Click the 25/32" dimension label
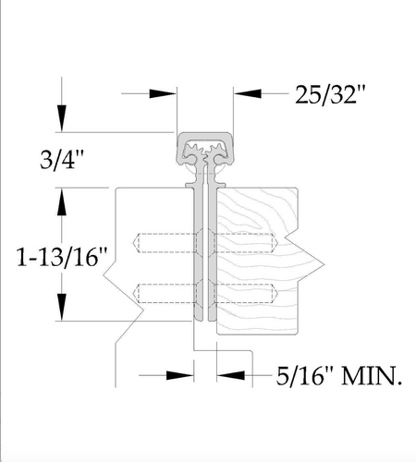(x=330, y=95)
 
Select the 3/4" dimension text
(x=62, y=160)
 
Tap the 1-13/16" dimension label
(x=62, y=257)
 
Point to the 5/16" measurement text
(x=306, y=376)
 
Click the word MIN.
(x=372, y=376)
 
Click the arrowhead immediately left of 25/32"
(x=248, y=93)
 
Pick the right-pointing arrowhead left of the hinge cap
(x=163, y=93)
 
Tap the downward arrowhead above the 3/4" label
(x=62, y=118)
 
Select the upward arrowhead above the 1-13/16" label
(x=62, y=201)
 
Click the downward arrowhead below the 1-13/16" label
(x=62, y=308)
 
